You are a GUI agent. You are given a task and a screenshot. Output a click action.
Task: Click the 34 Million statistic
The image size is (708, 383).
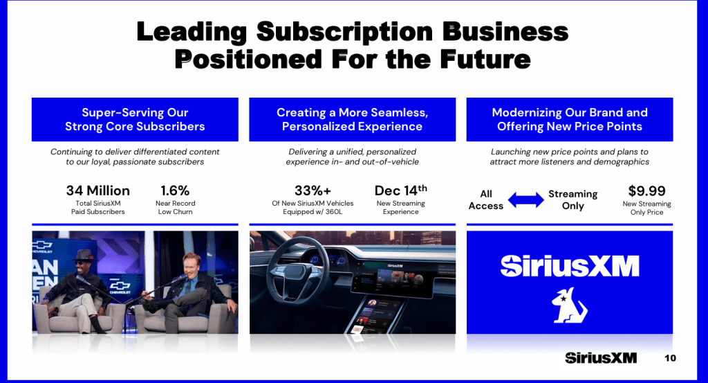(x=97, y=190)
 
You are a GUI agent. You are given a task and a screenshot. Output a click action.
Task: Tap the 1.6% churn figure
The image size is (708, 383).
(x=175, y=190)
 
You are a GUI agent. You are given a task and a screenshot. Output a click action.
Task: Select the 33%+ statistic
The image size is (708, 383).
(x=313, y=190)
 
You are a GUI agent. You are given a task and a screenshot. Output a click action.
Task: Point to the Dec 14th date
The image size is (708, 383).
(x=400, y=190)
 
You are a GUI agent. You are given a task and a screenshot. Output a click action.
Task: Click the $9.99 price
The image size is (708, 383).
(x=646, y=190)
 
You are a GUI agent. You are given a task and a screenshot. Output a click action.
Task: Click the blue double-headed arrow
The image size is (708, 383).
(x=526, y=200)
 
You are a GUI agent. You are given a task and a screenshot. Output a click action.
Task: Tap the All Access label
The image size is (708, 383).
(x=486, y=199)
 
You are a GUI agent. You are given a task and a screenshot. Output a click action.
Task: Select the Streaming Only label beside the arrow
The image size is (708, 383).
(x=572, y=200)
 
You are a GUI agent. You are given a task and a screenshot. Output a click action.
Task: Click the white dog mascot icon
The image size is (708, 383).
(x=569, y=305)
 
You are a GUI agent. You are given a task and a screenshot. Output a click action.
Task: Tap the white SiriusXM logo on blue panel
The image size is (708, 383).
(x=569, y=266)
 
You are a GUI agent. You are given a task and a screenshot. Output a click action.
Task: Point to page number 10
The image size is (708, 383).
(x=670, y=358)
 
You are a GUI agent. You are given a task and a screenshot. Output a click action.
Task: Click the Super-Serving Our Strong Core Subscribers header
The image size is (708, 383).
(x=135, y=119)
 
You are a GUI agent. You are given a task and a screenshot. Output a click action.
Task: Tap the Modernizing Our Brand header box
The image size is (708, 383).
(x=570, y=119)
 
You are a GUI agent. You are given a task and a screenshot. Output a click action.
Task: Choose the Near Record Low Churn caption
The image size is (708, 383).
(x=175, y=208)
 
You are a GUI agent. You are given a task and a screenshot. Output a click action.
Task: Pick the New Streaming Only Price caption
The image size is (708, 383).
(x=646, y=208)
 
